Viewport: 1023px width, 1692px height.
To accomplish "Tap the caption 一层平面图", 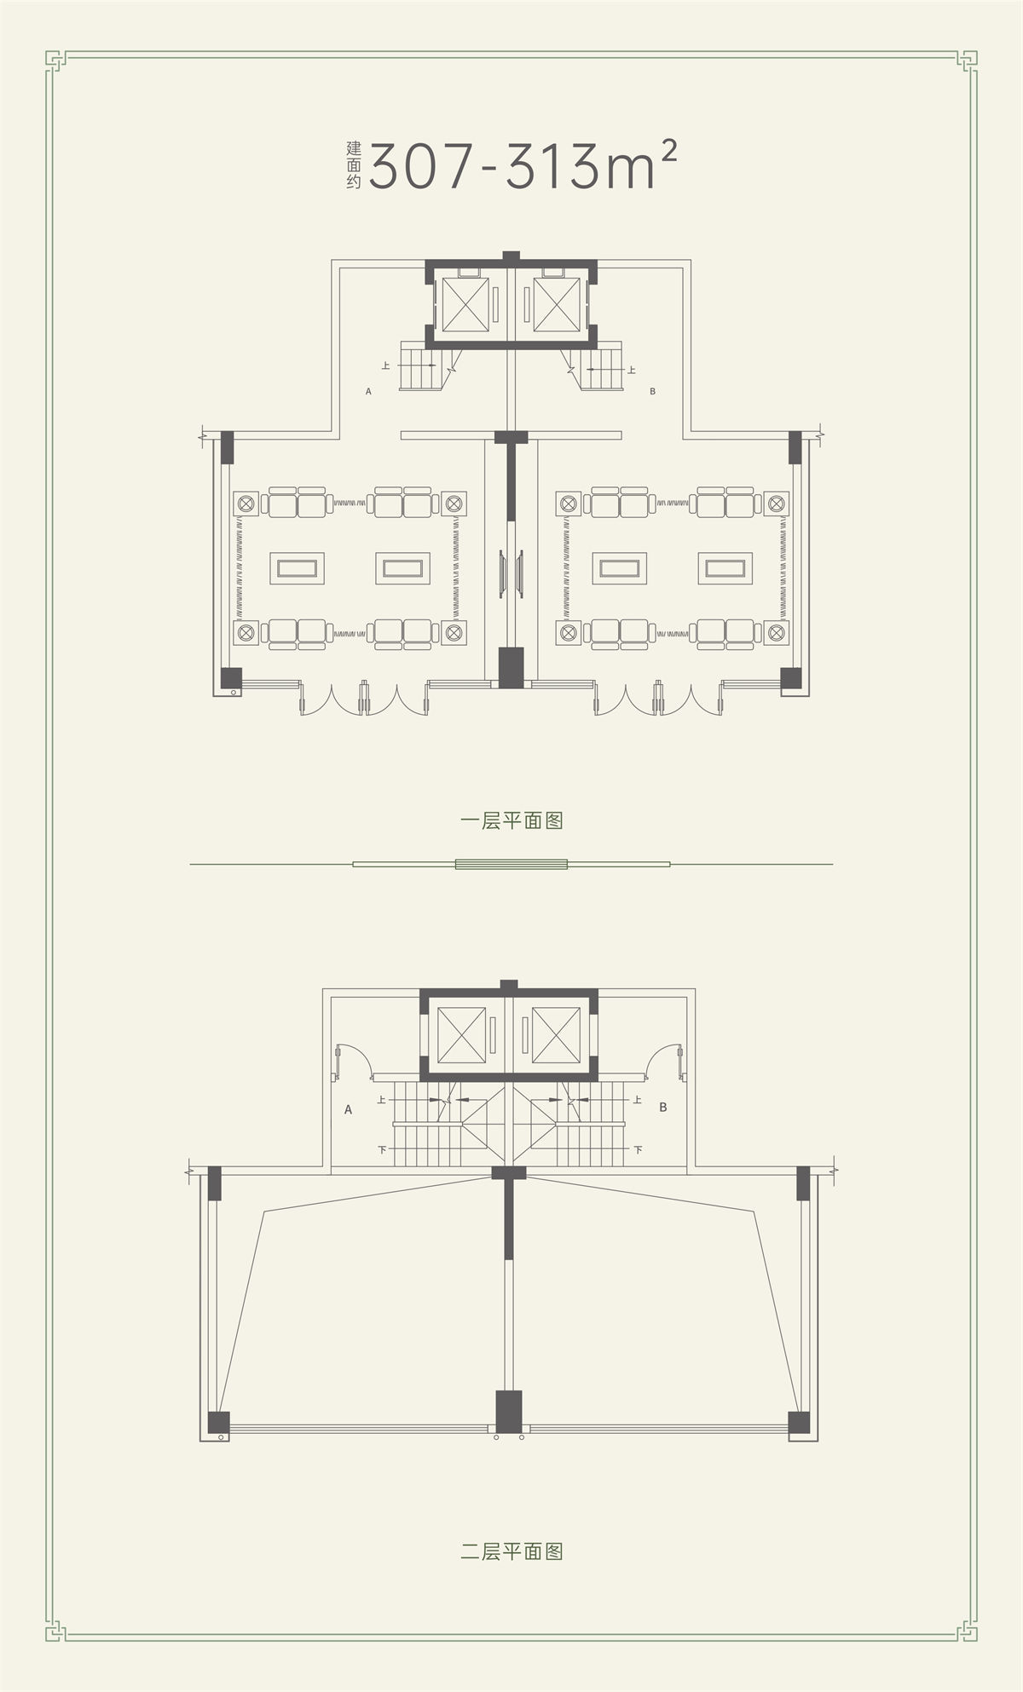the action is point(511,821).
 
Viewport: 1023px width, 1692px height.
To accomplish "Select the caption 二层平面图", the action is point(511,1551).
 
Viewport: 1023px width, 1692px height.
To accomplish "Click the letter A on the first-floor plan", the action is point(368,392).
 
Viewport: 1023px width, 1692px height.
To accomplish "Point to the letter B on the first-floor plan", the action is point(652,392).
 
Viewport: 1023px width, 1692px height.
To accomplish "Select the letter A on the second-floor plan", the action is point(348,1110).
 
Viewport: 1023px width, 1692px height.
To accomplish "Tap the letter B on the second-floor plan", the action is point(662,1108).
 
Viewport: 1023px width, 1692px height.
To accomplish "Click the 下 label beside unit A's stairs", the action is point(382,1150).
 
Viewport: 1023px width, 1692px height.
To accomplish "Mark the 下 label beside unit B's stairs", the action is point(638,1149).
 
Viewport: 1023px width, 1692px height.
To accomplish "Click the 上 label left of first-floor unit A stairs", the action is point(386,366).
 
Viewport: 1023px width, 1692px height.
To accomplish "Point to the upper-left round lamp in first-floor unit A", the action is point(246,503).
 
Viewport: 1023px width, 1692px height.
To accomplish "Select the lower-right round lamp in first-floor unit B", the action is point(776,633).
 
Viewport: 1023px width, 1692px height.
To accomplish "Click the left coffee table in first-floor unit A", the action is point(298,567).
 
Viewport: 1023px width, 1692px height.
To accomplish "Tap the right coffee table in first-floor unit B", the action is point(725,567).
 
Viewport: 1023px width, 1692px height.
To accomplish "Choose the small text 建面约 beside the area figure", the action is point(354,164).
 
